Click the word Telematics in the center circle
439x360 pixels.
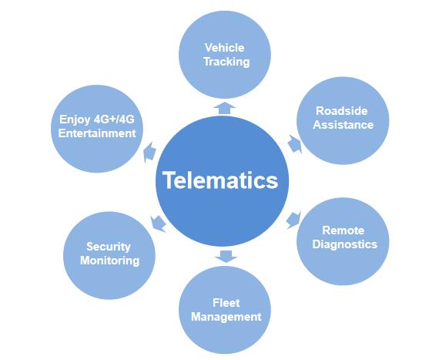(220, 180)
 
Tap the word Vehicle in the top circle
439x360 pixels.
(225, 48)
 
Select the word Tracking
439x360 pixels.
(226, 62)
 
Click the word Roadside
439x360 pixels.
(341, 111)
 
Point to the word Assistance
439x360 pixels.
(343, 125)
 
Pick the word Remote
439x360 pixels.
(343, 230)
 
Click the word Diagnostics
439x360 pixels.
(344, 244)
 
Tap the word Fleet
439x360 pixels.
(226, 303)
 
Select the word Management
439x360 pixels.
(226, 317)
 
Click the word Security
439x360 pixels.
(109, 247)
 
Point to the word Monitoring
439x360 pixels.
(109, 261)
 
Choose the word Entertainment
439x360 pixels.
(97, 133)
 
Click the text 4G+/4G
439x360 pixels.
(114, 119)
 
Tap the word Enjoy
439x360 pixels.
(75, 120)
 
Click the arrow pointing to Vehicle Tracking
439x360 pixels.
(225, 108)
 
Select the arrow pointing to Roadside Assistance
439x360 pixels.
(295, 144)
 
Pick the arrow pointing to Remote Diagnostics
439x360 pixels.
(293, 220)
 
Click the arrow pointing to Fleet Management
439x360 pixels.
(226, 257)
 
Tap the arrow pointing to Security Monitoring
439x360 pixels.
(158, 224)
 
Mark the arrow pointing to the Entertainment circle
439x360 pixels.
(149, 153)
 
